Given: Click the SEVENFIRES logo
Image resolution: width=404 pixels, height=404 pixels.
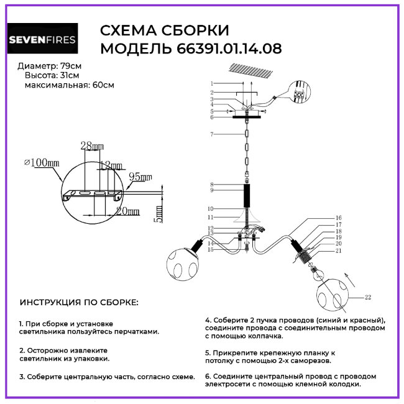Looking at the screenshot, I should tap(42, 40).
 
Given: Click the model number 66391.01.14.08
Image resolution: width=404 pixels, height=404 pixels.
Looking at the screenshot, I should tap(226, 48).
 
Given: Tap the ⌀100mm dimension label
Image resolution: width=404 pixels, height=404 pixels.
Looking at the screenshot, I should tap(42, 163).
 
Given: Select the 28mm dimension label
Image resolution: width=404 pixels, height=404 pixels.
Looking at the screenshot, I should tap(92, 146).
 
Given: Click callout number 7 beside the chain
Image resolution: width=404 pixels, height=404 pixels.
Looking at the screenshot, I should tap(212, 134).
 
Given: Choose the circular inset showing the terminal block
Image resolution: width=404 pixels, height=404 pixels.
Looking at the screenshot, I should tap(301, 96).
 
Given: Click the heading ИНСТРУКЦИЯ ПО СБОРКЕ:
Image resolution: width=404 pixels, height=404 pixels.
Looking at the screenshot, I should tap(79, 303).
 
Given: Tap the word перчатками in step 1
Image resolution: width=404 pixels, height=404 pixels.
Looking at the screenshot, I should tap(136, 333).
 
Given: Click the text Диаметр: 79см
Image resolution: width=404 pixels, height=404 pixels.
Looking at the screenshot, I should tap(49, 66).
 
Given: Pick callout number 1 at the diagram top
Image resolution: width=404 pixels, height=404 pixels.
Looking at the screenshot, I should tap(212, 83).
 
